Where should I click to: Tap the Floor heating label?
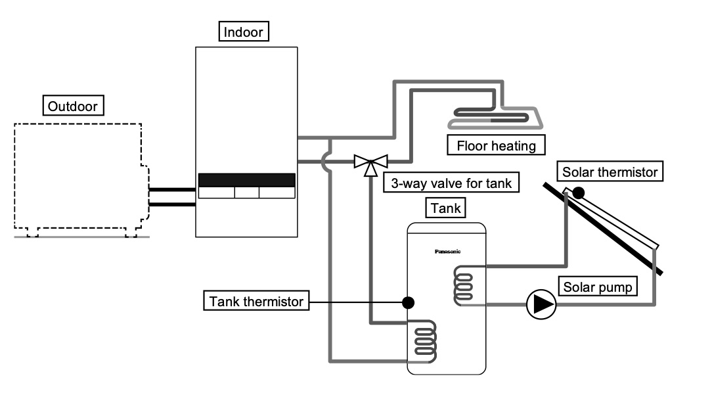click(497, 145)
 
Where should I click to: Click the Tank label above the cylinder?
click(447, 209)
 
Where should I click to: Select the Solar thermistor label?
click(610, 172)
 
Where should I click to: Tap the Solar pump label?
click(597, 287)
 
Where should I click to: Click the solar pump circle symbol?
click(541, 304)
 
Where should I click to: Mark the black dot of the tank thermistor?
click(408, 302)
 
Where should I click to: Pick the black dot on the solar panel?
click(578, 193)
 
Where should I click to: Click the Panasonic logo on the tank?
click(448, 251)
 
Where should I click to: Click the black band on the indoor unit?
click(246, 180)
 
